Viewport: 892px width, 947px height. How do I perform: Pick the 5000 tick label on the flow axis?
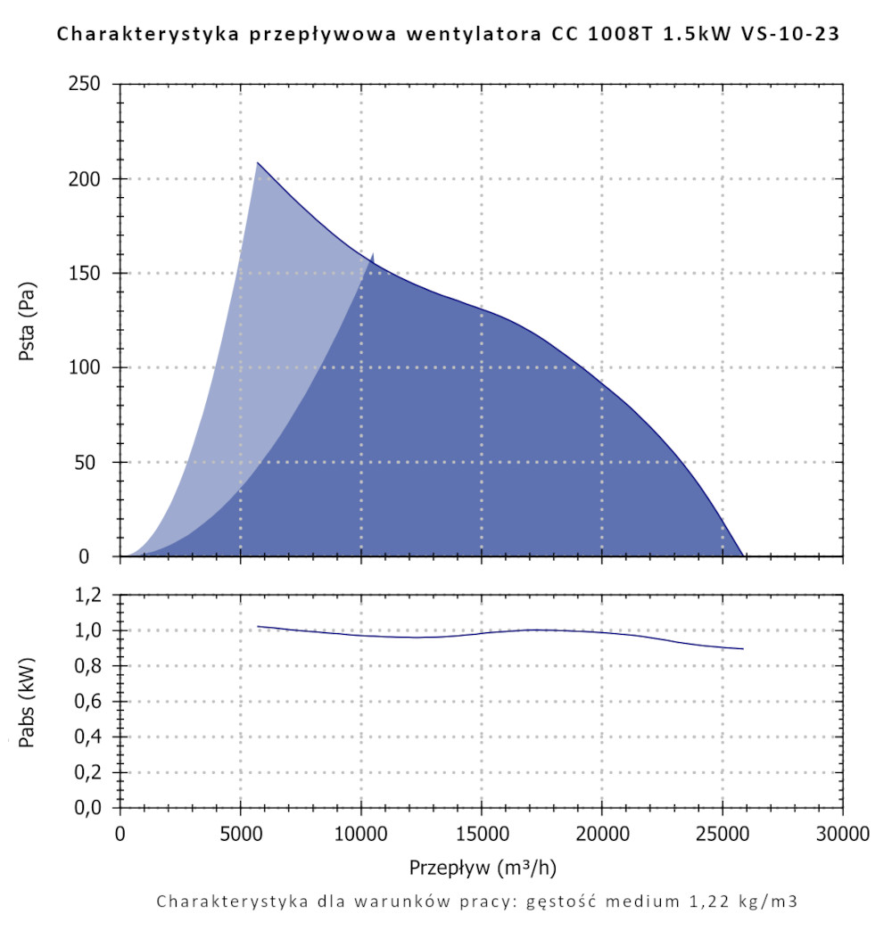[x=240, y=836]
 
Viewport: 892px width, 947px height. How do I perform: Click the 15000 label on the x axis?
[x=482, y=836]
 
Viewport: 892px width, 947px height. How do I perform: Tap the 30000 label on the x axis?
[x=843, y=836]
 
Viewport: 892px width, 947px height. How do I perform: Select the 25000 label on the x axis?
[x=723, y=836]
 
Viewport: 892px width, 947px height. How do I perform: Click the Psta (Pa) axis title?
[x=27, y=321]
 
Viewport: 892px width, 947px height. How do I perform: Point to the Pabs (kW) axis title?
[x=27, y=702]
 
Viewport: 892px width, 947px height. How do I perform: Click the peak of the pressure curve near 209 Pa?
[x=258, y=162]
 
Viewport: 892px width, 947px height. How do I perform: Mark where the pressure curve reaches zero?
[x=742, y=556]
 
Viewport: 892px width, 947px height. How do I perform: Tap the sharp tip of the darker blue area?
[x=373, y=253]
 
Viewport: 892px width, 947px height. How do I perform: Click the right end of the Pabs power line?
[x=743, y=648]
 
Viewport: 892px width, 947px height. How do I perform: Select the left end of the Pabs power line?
[x=258, y=626]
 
